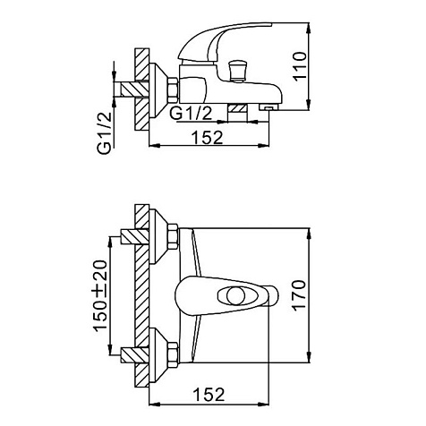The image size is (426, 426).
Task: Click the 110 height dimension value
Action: (x=300, y=66)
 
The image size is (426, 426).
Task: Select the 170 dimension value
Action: (x=300, y=295)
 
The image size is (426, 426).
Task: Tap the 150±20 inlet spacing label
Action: (x=100, y=296)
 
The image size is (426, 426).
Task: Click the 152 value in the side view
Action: (x=207, y=138)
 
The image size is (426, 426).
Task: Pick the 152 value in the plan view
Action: (x=209, y=394)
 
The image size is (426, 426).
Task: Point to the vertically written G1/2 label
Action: (x=105, y=133)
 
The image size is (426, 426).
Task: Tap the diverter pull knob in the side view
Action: (x=237, y=71)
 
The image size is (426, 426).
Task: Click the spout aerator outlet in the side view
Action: (x=269, y=107)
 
